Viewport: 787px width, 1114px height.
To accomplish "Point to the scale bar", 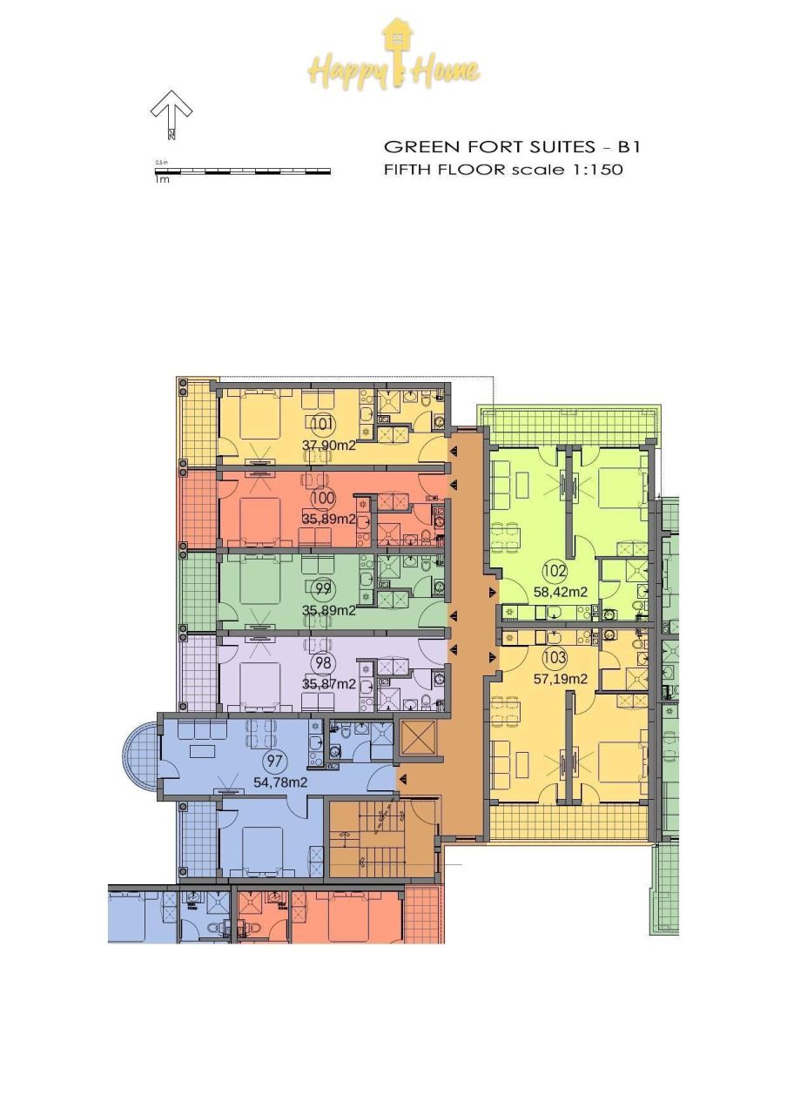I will point(243,171).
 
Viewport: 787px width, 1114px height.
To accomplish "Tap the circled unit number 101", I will point(321,425).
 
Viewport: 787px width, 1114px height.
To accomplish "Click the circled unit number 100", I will point(322,499).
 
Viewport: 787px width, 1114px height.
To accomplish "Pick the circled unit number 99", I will point(323,589).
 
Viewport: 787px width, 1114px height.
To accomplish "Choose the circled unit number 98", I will point(323,663).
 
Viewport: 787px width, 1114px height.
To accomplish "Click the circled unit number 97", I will point(275,762).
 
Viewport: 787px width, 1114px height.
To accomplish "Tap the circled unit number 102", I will point(555,572).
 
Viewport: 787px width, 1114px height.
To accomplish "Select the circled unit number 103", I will point(555,657).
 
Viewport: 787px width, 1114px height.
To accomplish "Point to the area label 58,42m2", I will point(560,592).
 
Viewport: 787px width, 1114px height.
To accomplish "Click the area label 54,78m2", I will point(280,782).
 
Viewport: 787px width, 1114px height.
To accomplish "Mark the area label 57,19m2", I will point(560,678).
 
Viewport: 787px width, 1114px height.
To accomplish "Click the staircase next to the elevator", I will point(380,839).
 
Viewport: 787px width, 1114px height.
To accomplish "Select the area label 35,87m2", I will point(328,683).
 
